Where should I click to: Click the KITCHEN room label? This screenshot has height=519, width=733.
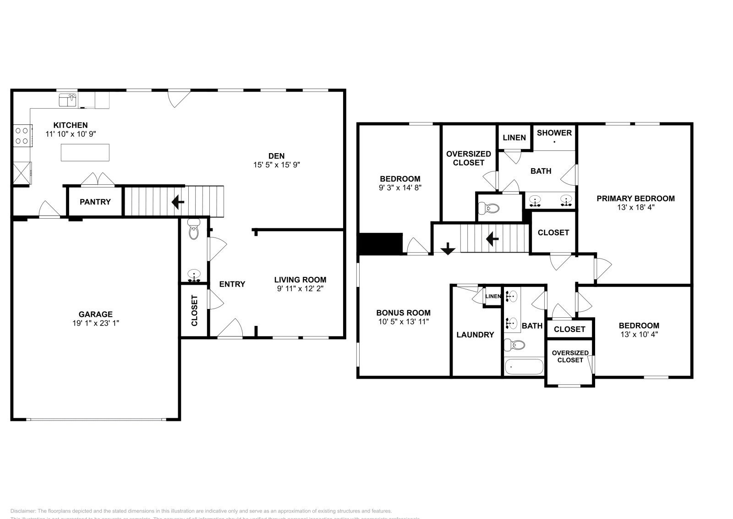71,125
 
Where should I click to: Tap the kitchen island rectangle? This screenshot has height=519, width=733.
85,153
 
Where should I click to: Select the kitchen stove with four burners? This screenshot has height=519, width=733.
22,136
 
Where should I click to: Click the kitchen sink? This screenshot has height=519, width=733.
68,99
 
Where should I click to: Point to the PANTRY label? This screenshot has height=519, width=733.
95,202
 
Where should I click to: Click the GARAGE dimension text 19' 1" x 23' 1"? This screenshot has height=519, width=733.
95,323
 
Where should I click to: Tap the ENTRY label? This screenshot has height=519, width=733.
232,284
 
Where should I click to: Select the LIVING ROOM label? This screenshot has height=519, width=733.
300,280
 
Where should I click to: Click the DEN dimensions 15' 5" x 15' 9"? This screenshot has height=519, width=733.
277,165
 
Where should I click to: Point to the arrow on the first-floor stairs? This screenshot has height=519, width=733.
178,202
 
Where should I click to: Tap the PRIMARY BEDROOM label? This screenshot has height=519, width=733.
635,199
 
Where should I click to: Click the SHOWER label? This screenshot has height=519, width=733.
554,133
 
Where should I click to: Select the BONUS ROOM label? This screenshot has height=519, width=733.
403,313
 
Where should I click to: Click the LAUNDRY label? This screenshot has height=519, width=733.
475,335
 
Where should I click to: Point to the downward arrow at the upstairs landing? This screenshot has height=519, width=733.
448,249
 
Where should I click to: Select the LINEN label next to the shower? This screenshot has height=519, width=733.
514,138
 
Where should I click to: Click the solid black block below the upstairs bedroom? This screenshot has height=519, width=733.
380,244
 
